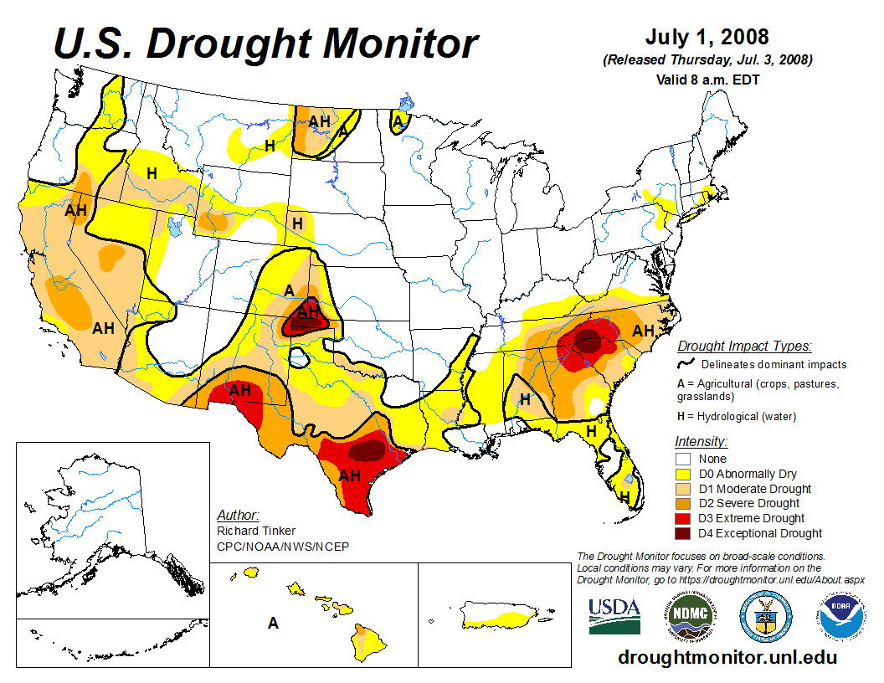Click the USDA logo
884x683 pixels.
point(614,616)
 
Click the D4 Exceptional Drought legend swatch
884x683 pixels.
point(683,533)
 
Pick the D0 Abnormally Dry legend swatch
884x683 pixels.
point(683,474)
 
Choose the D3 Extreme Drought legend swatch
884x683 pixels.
point(683,518)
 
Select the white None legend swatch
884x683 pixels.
point(683,459)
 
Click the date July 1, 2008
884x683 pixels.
point(707,39)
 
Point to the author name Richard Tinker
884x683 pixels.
point(255,531)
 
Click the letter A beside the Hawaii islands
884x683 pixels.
point(273,623)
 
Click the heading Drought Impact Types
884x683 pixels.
point(744,346)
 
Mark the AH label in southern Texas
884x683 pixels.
point(349,475)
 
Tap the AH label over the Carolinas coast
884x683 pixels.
point(643,331)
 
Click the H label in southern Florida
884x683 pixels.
point(624,497)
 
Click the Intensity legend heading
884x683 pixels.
point(701,441)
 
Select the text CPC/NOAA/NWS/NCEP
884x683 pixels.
point(282,547)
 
